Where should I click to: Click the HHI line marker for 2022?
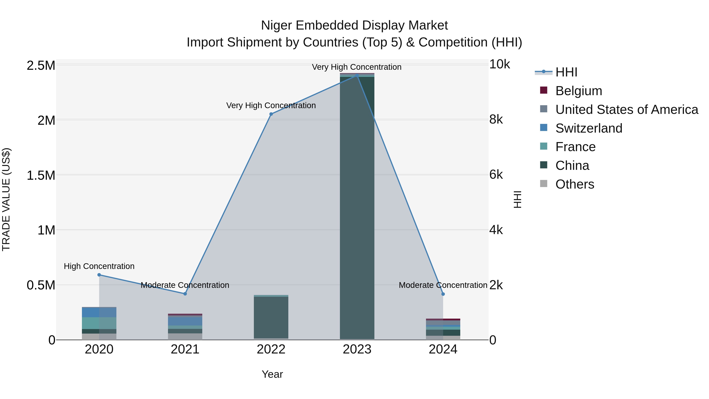pos(271,114)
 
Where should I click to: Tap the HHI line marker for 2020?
pos(99,275)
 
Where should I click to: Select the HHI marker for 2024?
pos(443,294)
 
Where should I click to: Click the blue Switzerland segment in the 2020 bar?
pos(99,312)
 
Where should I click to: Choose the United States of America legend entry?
pos(626,110)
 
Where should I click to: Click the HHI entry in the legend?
pos(566,72)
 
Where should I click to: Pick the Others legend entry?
pos(574,184)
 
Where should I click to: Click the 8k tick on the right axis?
pos(496,120)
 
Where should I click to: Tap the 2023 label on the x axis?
pos(357,349)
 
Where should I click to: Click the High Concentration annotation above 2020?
pos(99,266)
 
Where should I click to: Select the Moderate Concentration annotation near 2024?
pos(443,285)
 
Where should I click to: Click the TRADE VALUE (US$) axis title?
pos(6,199)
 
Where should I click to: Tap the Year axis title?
pos(272,374)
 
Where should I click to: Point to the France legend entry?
pos(575,147)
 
